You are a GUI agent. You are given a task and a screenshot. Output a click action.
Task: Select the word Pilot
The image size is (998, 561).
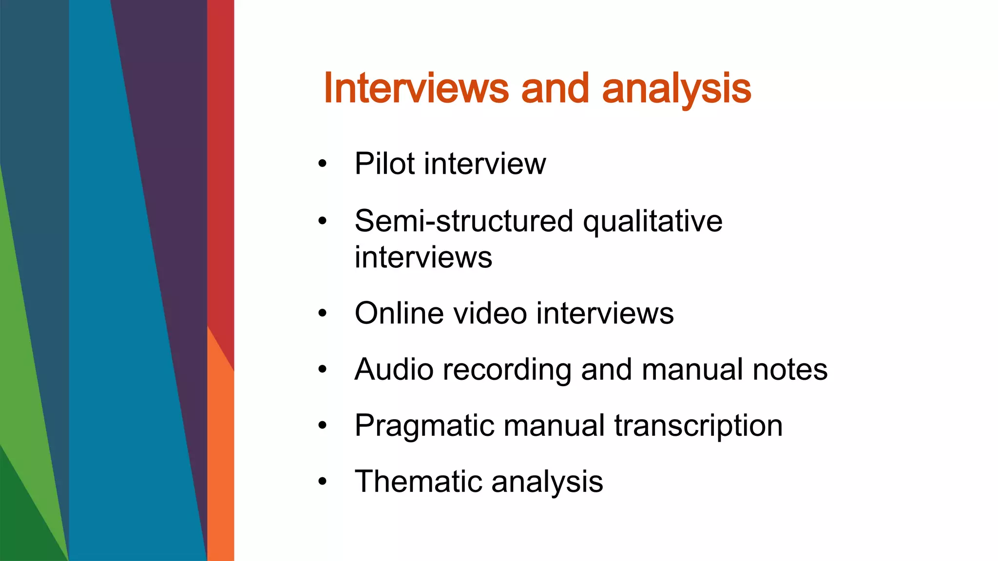point(384,164)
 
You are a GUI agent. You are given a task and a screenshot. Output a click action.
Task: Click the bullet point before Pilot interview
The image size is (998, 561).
point(322,164)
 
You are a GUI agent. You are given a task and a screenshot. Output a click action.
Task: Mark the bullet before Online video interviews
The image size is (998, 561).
point(322,314)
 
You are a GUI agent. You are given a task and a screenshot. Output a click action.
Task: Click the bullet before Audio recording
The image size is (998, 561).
point(322,370)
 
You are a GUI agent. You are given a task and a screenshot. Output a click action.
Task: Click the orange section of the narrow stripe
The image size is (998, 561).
point(221,463)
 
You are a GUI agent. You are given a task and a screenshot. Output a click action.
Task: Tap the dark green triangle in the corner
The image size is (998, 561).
point(22,526)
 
